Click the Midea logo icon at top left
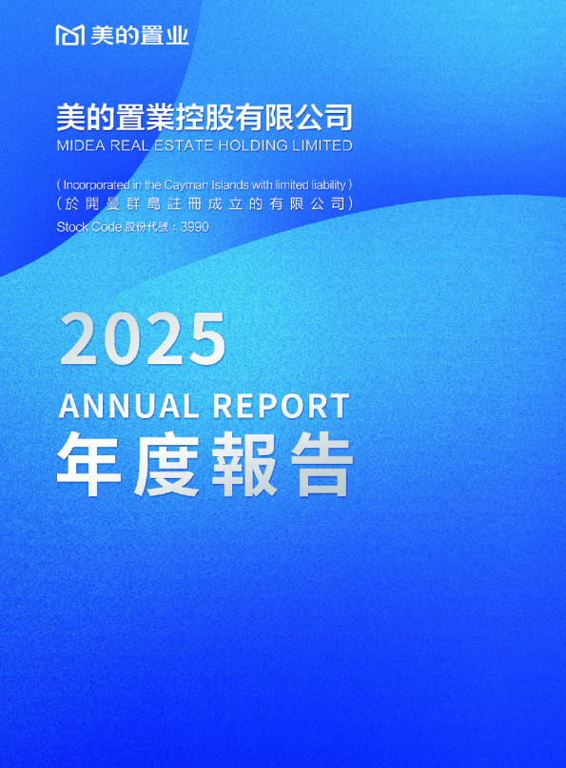point(71,36)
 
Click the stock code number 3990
point(195,227)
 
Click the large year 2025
point(143,339)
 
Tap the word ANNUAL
point(128,406)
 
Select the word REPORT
point(281,406)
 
